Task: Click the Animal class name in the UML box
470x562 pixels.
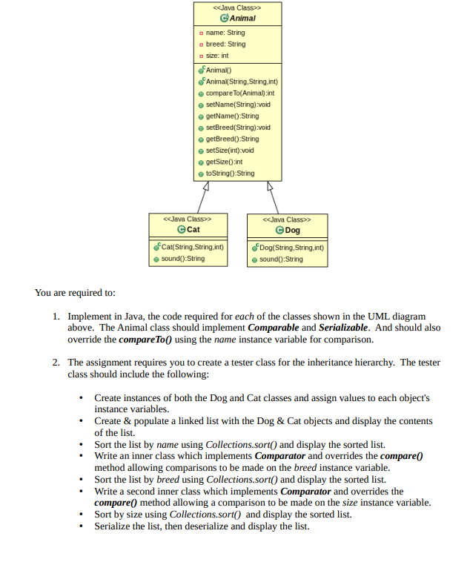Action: [241, 19]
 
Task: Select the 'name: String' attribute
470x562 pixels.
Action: [225, 33]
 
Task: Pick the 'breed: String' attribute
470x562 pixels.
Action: [226, 44]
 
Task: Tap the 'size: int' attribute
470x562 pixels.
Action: [217, 56]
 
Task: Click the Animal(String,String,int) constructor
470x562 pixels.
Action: [241, 82]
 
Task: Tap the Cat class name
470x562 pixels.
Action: [193, 230]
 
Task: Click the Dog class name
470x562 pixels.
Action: [292, 231]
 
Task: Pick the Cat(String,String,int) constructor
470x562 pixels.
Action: [192, 247]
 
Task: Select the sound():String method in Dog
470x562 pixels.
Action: [281, 259]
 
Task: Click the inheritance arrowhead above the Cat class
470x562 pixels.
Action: [206, 185]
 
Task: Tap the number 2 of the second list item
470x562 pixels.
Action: [56, 363]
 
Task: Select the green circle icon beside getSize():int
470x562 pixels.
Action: [201, 162]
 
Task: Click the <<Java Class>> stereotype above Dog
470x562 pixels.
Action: [287, 219]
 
